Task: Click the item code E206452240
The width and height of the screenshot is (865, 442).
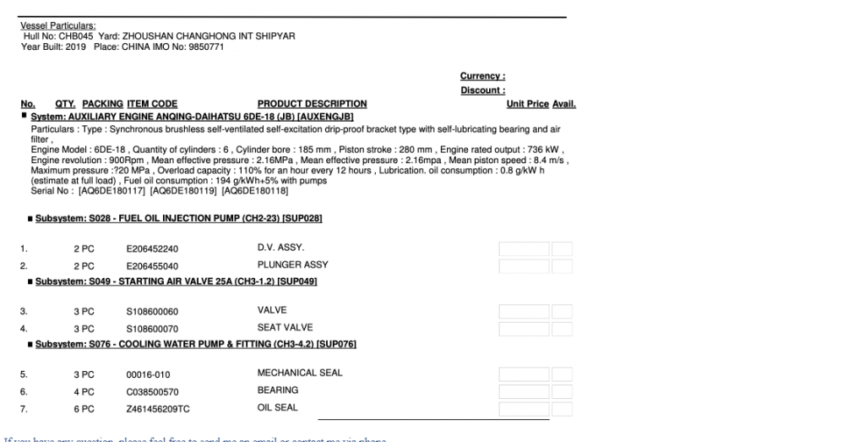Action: (152, 249)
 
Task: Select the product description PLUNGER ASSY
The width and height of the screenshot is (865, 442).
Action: (292, 265)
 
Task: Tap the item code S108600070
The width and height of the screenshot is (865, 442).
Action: (152, 328)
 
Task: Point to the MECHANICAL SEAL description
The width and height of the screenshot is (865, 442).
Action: (300, 373)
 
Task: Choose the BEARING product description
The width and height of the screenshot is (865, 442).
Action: (277, 390)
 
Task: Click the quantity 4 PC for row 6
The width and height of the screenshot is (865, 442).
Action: (84, 391)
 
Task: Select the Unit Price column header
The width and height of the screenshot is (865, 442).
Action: (527, 104)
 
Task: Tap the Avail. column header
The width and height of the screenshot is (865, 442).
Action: (564, 104)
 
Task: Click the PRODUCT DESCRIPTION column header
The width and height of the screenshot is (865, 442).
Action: (312, 104)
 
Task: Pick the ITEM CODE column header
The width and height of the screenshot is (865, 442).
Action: (152, 104)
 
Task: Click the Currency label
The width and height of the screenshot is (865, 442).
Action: (482, 76)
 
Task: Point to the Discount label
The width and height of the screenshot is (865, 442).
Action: (482, 90)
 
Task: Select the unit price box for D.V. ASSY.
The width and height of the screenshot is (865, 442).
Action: (524, 249)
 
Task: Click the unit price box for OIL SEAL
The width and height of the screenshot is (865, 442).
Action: (524, 409)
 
